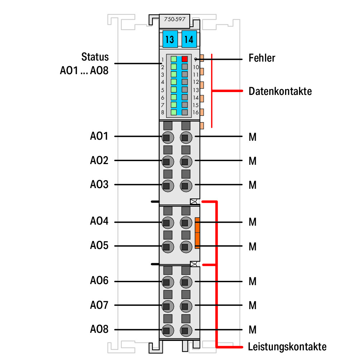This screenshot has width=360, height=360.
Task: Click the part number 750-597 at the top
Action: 175,19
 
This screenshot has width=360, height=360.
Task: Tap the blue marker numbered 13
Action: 170,39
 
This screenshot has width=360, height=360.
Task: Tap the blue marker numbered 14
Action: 189,39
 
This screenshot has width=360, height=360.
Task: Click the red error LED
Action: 185,59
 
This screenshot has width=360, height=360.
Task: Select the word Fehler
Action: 262,58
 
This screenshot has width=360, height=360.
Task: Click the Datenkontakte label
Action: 280,91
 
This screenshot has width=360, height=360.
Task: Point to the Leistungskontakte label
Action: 287,347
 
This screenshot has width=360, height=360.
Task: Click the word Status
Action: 95,57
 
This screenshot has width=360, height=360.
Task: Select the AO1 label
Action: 99,136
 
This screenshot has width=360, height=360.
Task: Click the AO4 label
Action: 99,221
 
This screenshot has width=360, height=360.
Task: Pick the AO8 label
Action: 99,329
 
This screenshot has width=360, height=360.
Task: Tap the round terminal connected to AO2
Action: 168,162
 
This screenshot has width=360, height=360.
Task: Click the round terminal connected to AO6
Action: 168,282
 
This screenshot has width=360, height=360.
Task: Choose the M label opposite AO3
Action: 252,185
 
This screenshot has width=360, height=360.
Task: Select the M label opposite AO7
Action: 252,306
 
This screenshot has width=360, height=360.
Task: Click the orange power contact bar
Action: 197,233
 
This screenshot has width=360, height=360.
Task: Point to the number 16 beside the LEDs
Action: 196,112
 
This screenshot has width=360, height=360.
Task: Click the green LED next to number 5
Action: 174,90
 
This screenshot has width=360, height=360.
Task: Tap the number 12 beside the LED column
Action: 196,82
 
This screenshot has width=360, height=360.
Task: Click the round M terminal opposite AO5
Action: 186,247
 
